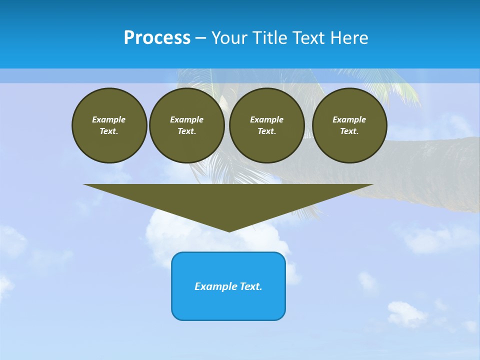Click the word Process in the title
157,38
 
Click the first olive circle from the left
109,125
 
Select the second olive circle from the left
187,125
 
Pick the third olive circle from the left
267,125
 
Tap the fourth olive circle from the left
349,125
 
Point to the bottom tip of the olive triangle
229,230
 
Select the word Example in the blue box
216,286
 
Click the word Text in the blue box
250,286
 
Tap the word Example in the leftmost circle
109,119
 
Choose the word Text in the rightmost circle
348,131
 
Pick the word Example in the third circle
267,119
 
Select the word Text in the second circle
186,131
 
